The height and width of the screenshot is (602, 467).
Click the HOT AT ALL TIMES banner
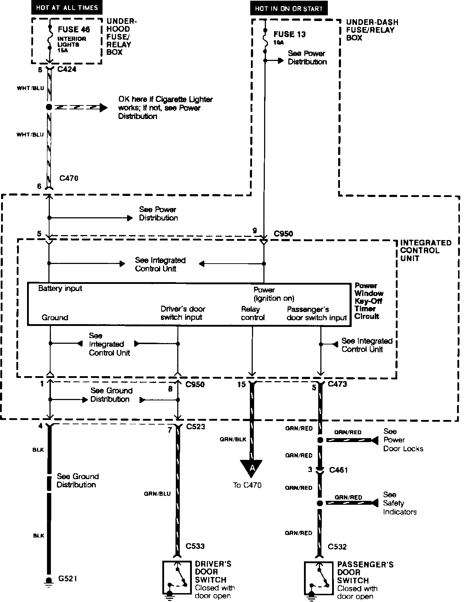67,7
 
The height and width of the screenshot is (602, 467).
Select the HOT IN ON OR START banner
289,9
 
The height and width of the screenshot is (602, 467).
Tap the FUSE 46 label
74,30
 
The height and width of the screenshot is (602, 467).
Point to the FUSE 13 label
290,35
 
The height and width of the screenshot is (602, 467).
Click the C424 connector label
67,69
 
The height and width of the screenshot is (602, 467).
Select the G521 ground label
68,578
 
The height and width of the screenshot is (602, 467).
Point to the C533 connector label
195,546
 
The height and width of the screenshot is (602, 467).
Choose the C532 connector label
337,546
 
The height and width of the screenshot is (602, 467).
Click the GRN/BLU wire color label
157,494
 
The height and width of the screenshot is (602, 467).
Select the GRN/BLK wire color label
233,440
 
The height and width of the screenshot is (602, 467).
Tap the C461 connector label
338,470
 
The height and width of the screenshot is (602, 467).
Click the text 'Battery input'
60,289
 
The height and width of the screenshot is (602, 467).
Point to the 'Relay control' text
252,313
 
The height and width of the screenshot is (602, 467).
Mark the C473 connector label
337,384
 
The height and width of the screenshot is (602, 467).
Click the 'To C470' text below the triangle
247,485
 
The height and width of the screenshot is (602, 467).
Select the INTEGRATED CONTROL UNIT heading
425,250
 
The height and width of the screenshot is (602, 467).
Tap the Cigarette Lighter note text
165,108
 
